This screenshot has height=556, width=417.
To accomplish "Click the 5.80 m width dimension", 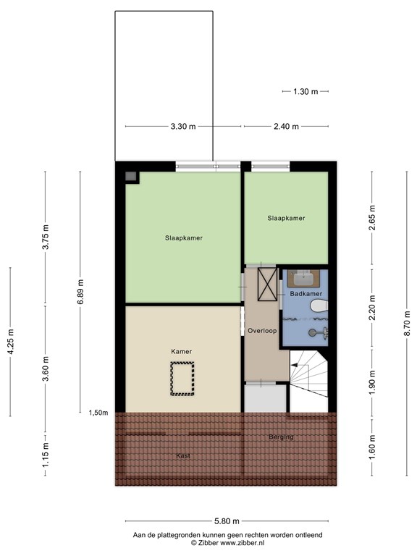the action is (x=227, y=521).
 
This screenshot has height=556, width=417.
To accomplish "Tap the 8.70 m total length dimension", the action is (x=407, y=323).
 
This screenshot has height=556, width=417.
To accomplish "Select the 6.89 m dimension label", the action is (x=80, y=292).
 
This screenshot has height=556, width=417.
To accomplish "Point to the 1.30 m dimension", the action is (x=306, y=91).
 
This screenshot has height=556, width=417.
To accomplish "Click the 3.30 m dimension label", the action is (x=183, y=126).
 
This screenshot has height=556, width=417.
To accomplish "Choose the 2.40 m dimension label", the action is (x=286, y=126).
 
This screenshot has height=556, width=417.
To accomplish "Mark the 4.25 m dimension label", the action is (x=10, y=342).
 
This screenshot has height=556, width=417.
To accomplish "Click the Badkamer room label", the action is (x=306, y=294).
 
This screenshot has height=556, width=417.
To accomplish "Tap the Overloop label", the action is (x=262, y=331).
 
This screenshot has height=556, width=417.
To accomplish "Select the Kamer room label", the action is (x=181, y=351).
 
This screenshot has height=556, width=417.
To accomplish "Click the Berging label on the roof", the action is (x=281, y=437).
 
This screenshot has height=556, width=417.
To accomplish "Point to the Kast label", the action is (x=183, y=455).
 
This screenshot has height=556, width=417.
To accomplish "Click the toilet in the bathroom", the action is (x=319, y=306).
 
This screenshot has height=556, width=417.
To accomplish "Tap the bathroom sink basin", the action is (x=303, y=278).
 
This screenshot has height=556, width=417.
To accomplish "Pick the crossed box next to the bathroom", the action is (x=267, y=285).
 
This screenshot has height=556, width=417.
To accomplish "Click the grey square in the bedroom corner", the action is (x=131, y=176).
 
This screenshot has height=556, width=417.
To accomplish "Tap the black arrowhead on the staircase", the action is (x=294, y=364).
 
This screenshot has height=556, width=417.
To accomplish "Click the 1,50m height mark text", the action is (x=98, y=413).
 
